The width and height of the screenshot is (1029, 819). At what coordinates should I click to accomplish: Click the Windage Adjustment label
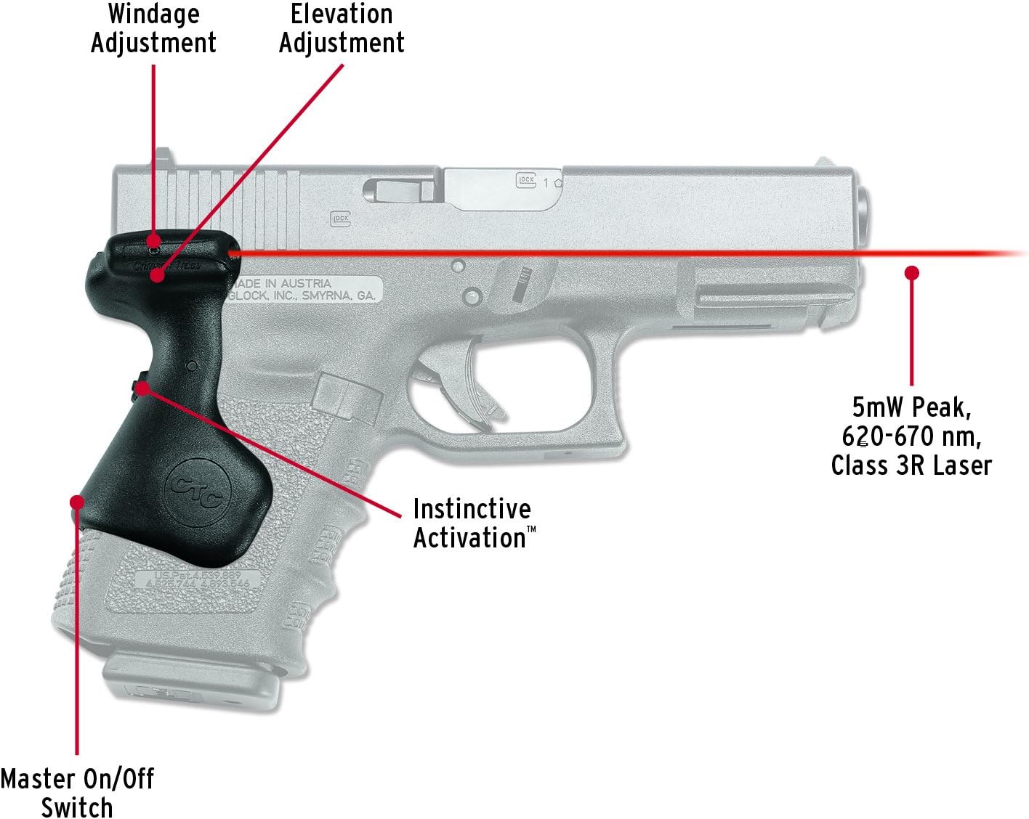pos(153,28)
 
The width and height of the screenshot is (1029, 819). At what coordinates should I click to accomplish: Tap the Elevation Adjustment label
pos(342,28)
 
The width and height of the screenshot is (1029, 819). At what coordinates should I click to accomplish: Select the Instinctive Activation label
pos(473,523)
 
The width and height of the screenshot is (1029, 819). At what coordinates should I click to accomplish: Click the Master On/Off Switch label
pos(77,793)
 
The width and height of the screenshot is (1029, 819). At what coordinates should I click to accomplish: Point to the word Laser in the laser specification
pos(962,465)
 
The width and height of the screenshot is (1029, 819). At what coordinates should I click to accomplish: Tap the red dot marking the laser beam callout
pos(911,272)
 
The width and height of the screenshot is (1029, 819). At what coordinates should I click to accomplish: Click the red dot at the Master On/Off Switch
pos(76,502)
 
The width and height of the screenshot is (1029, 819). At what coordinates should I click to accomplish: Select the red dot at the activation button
pos(143,388)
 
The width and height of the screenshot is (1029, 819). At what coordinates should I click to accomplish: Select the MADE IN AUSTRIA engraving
pos(280,282)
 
